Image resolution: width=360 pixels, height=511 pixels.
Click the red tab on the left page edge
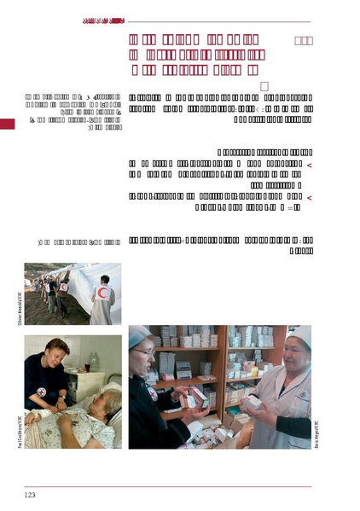(x=7, y=125)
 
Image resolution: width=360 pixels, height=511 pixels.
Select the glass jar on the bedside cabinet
(x=93, y=362)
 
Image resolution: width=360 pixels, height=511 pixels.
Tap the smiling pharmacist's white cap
(x=299, y=336)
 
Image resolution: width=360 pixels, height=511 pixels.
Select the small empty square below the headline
(x=264, y=86)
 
